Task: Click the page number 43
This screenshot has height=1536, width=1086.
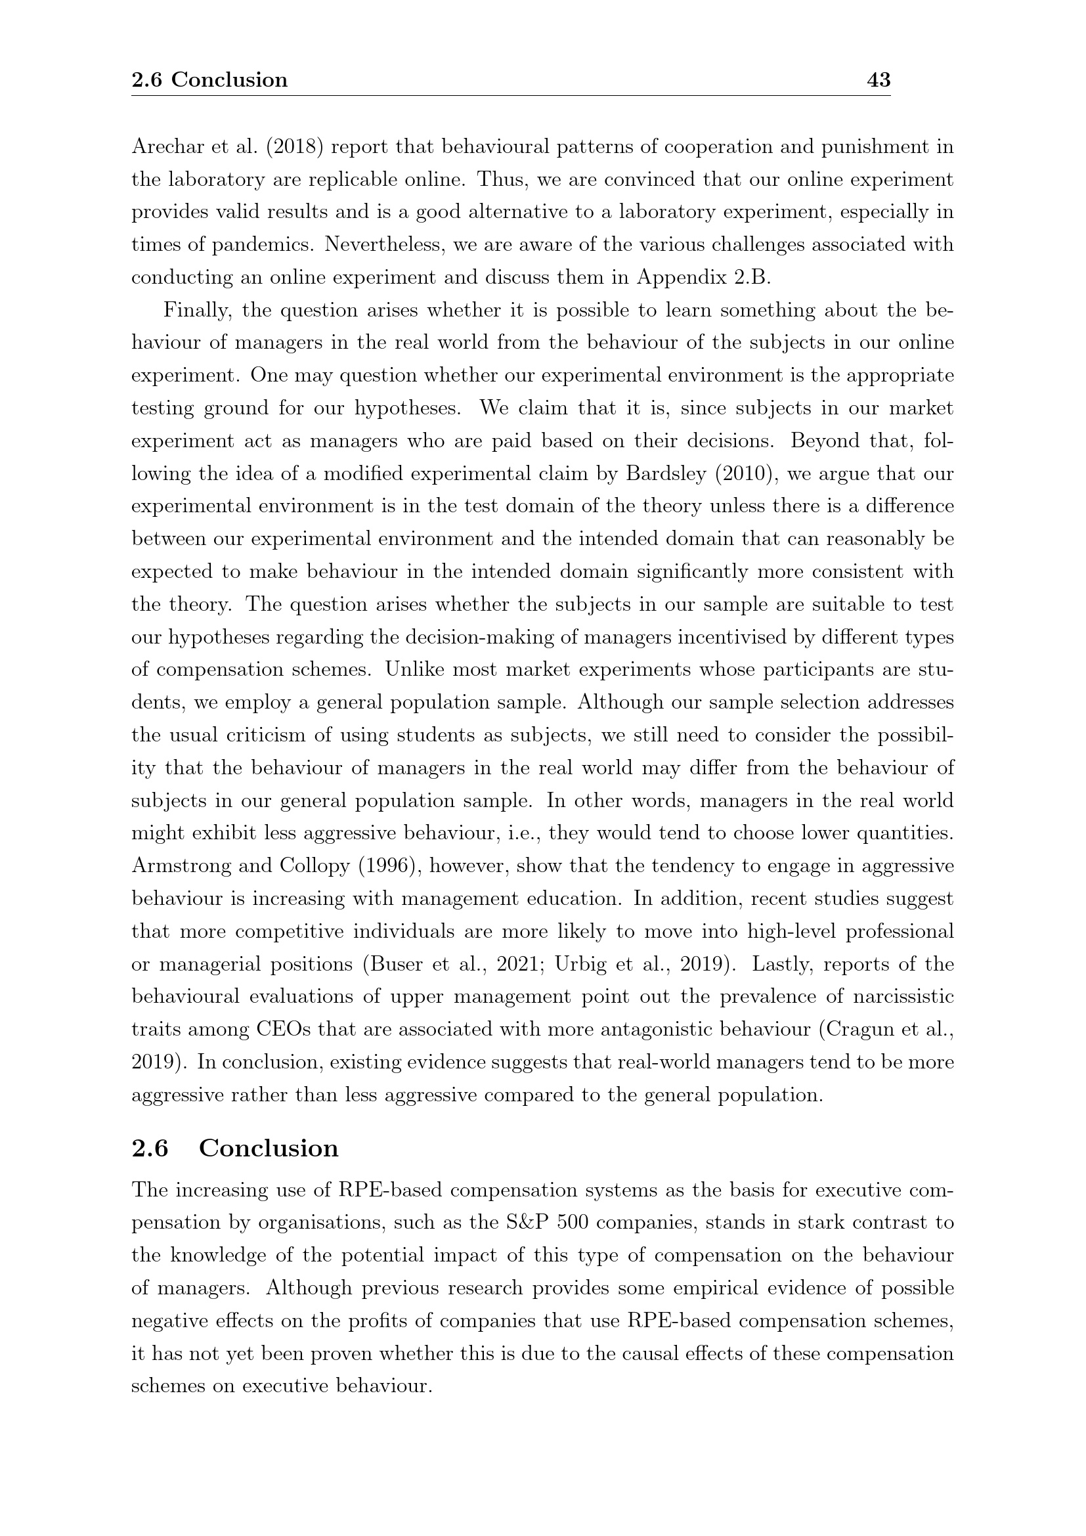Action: tap(878, 80)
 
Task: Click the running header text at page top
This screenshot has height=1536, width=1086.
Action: tap(209, 80)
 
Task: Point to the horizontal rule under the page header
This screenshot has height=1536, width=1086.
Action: tap(510, 96)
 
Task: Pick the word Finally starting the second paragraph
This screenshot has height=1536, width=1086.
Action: tap(197, 311)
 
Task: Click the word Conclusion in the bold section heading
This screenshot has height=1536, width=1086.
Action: tap(269, 1148)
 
